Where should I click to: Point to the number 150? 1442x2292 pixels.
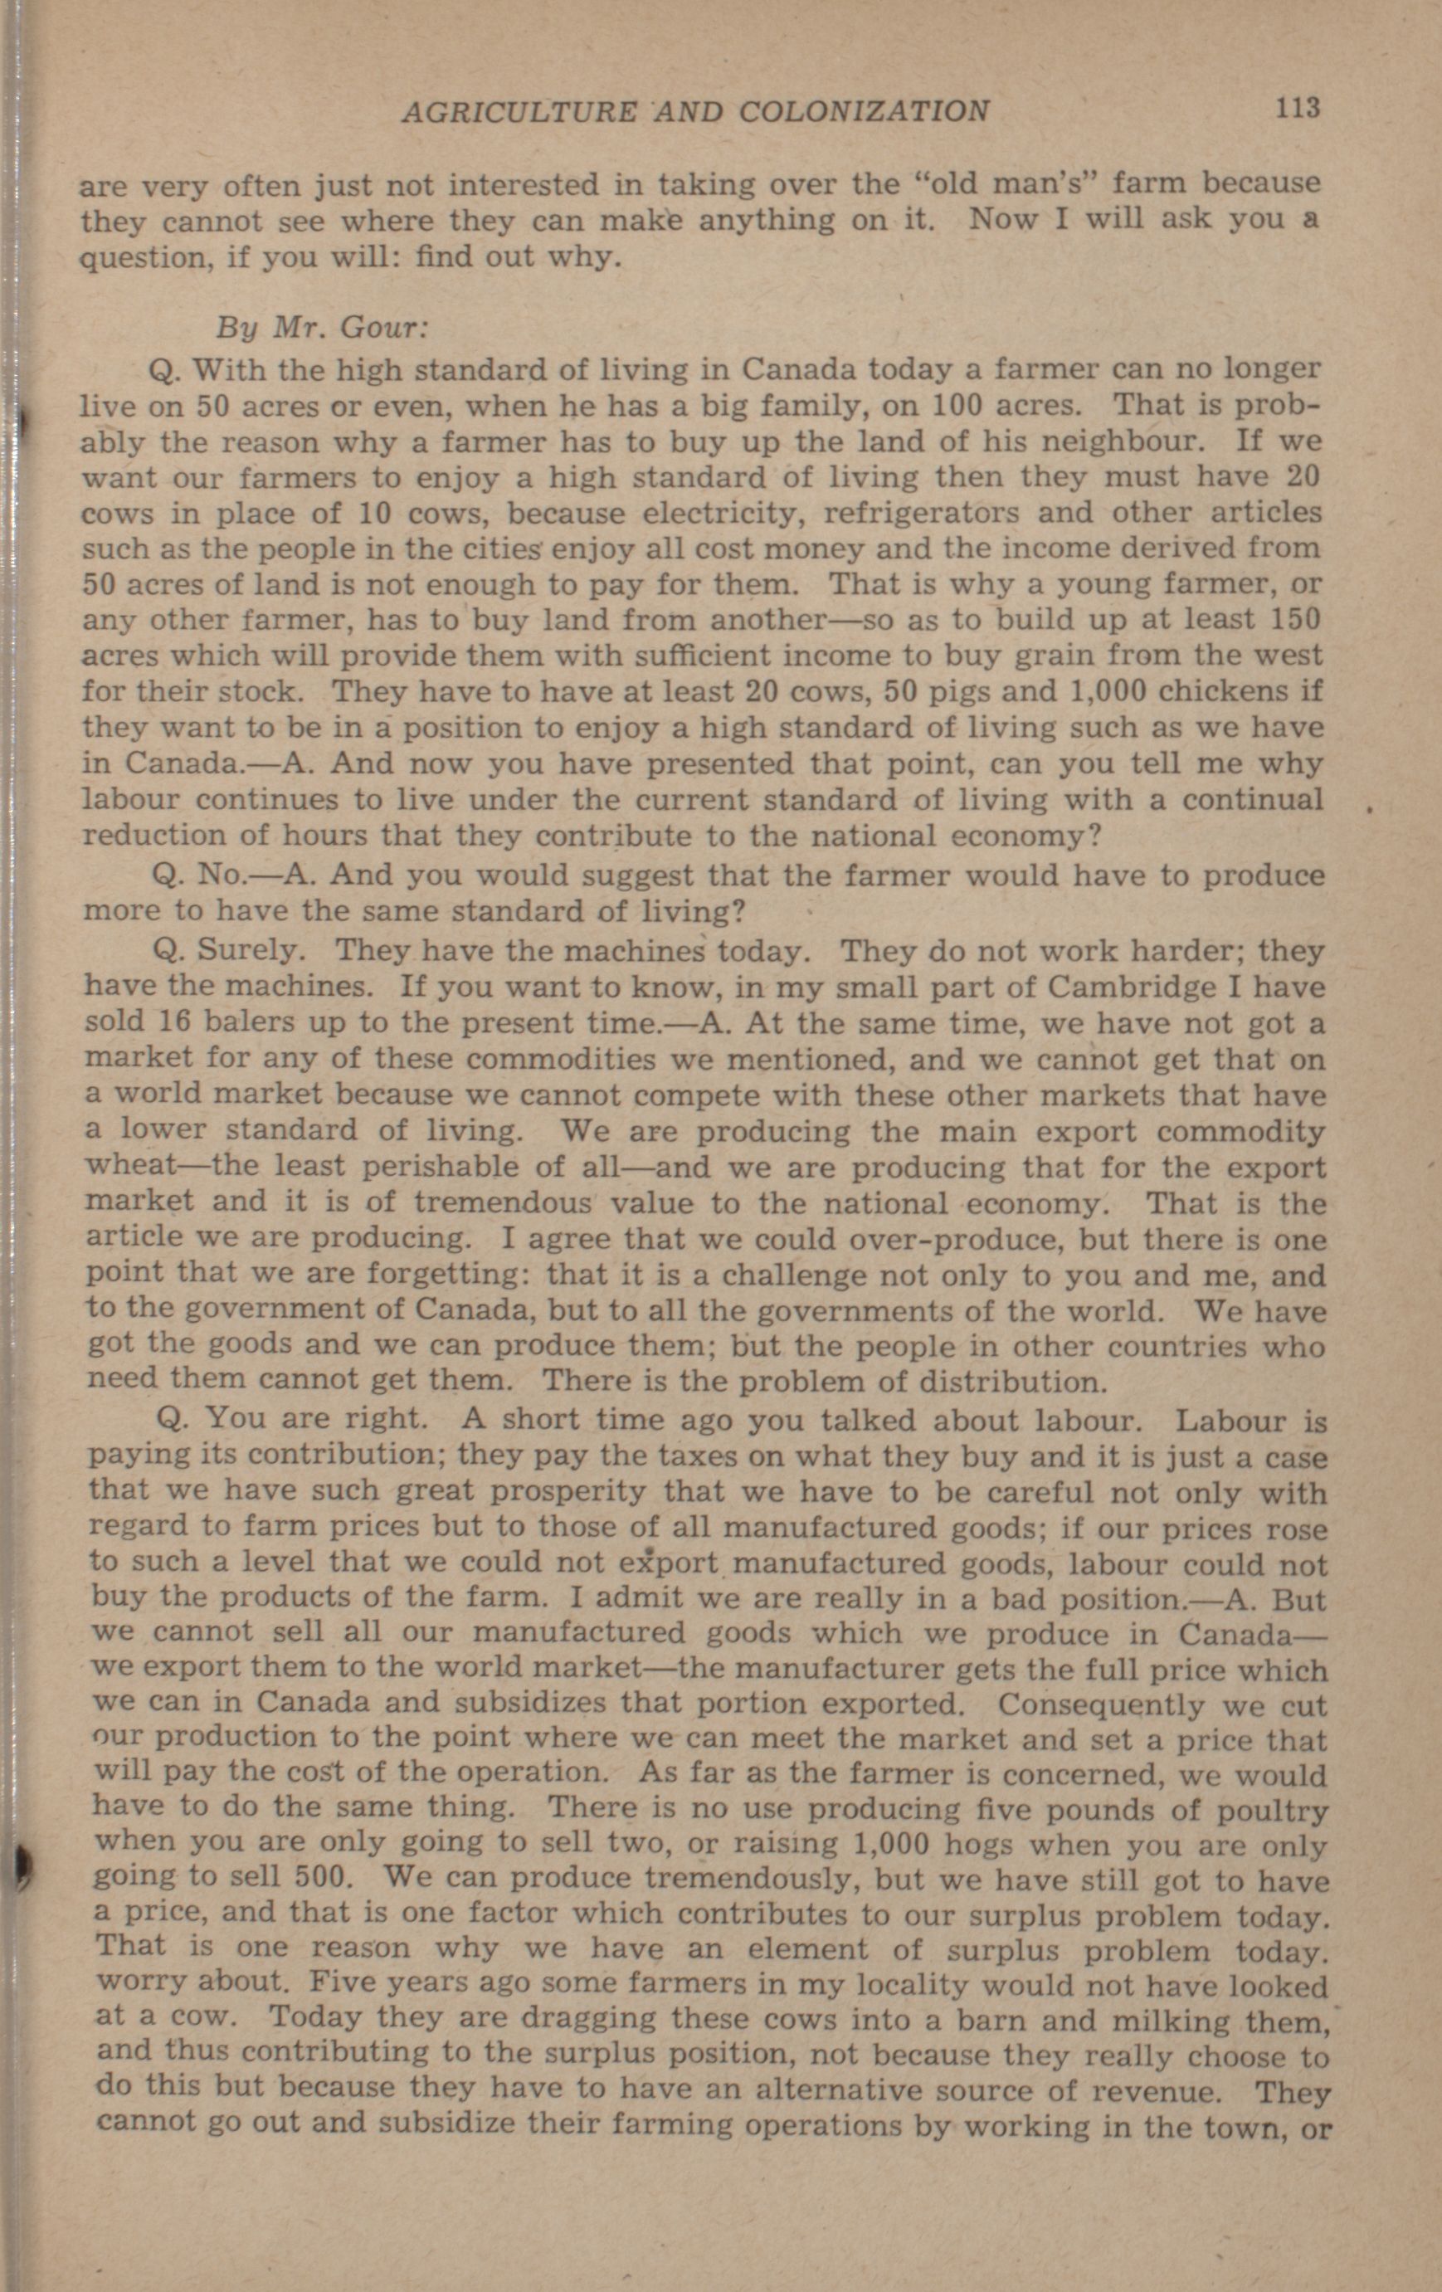pyautogui.click(x=1296, y=620)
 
